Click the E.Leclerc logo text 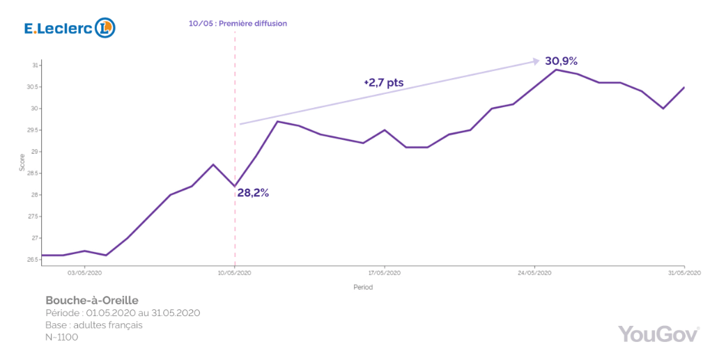(58, 29)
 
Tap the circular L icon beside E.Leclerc (105, 28)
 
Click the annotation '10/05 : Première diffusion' (238, 24)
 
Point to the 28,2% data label (253, 193)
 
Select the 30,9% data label (561, 61)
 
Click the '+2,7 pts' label (383, 83)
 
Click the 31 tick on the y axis (34, 65)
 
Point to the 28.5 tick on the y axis (33, 173)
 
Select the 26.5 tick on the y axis (33, 260)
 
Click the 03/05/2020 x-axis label (84, 273)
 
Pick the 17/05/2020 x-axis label (385, 273)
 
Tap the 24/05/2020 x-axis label (534, 273)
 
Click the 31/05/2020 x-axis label (684, 273)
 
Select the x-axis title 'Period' (362, 287)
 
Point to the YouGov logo (658, 334)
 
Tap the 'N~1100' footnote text (61, 337)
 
